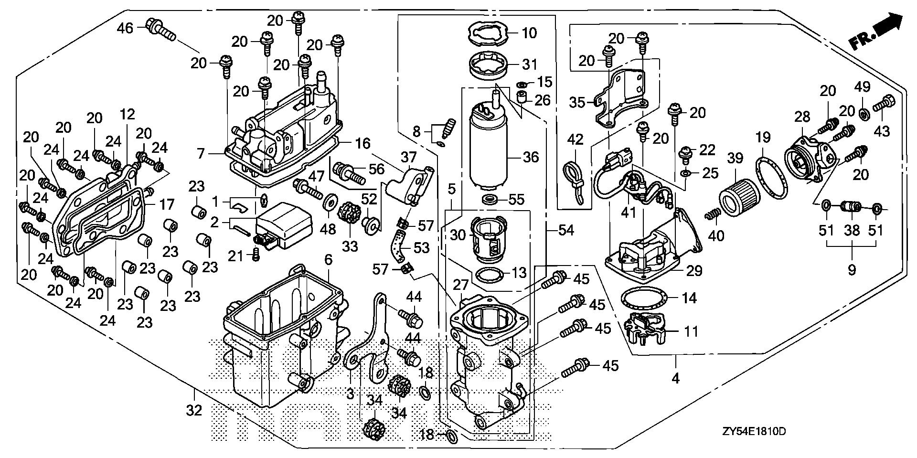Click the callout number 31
tap(530, 64)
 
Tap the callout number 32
tap(194, 410)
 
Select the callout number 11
tap(691, 331)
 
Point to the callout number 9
tap(852, 269)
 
